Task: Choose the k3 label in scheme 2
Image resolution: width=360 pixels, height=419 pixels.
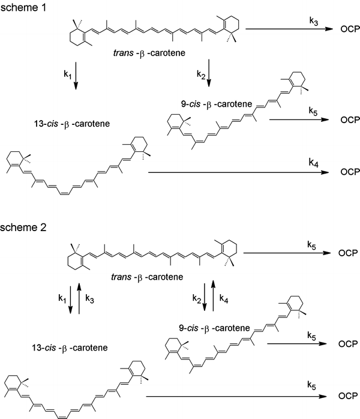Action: pyautogui.click(x=88, y=297)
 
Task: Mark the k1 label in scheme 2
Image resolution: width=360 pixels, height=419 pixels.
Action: pyautogui.click(x=62, y=297)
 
